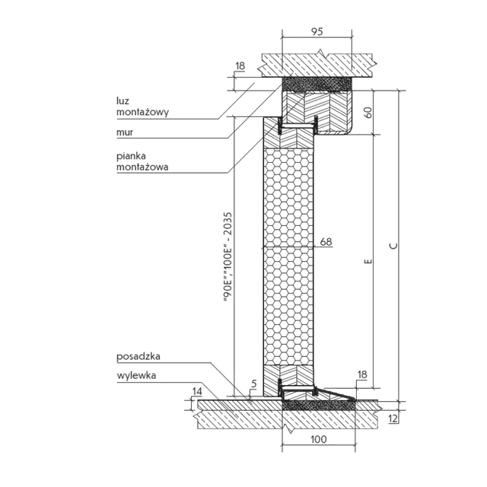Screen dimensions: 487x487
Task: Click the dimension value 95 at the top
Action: click(x=317, y=32)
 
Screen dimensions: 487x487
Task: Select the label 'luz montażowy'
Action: click(x=142, y=106)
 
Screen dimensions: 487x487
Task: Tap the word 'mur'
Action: click(x=126, y=130)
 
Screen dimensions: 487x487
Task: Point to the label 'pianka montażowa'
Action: click(x=142, y=161)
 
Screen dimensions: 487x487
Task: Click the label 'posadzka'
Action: click(x=138, y=355)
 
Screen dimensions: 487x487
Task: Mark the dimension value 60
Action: click(x=368, y=113)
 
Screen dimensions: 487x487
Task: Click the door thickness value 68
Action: click(x=326, y=242)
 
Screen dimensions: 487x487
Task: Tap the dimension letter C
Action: click(x=392, y=245)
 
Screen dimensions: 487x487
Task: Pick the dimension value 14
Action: click(x=197, y=390)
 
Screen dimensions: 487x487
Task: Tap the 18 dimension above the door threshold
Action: click(x=362, y=374)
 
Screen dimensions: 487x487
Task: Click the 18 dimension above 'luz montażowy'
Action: click(x=240, y=67)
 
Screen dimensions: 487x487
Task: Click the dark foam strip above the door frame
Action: click(x=317, y=81)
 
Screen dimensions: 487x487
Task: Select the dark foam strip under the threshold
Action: click(x=318, y=407)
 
